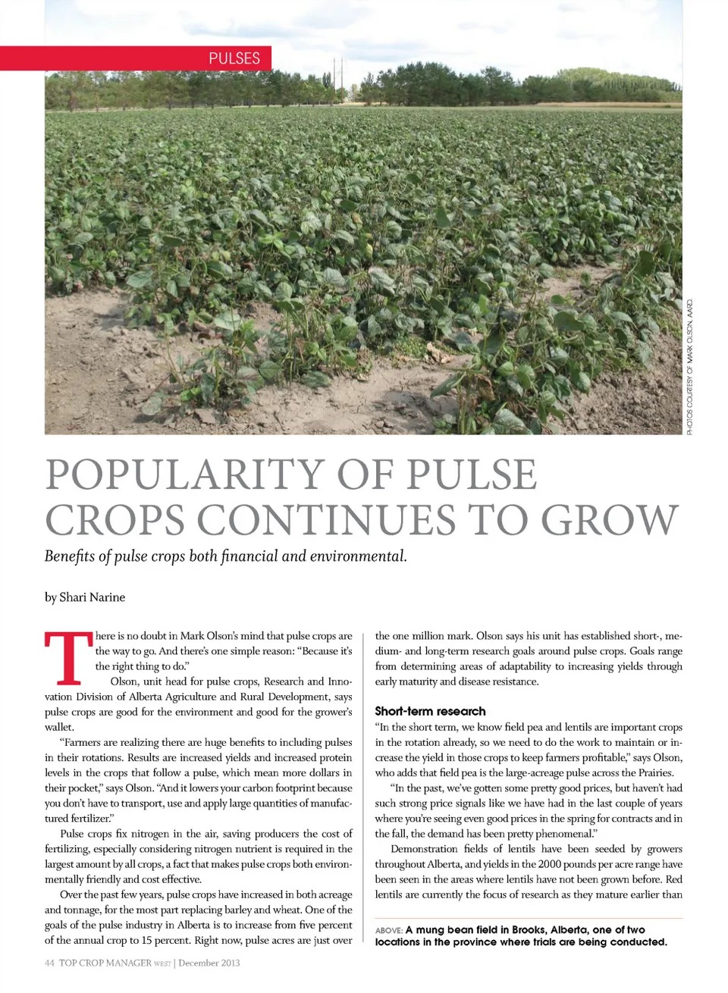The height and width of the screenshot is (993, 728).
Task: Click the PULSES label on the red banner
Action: click(x=234, y=58)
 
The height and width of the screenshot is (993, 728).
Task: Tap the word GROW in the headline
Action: click(x=609, y=520)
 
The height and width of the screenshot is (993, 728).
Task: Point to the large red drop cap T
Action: click(x=66, y=659)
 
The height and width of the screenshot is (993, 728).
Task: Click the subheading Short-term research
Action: click(x=430, y=711)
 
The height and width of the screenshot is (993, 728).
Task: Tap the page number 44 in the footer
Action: click(x=49, y=963)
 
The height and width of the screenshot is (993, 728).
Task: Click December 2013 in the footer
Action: click(x=209, y=963)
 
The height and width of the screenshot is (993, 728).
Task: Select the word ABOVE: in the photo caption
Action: click(x=388, y=930)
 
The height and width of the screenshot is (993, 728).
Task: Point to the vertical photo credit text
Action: click(x=690, y=367)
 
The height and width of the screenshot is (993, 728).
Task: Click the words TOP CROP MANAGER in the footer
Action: click(x=105, y=963)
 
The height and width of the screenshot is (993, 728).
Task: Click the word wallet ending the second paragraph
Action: click(x=58, y=727)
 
